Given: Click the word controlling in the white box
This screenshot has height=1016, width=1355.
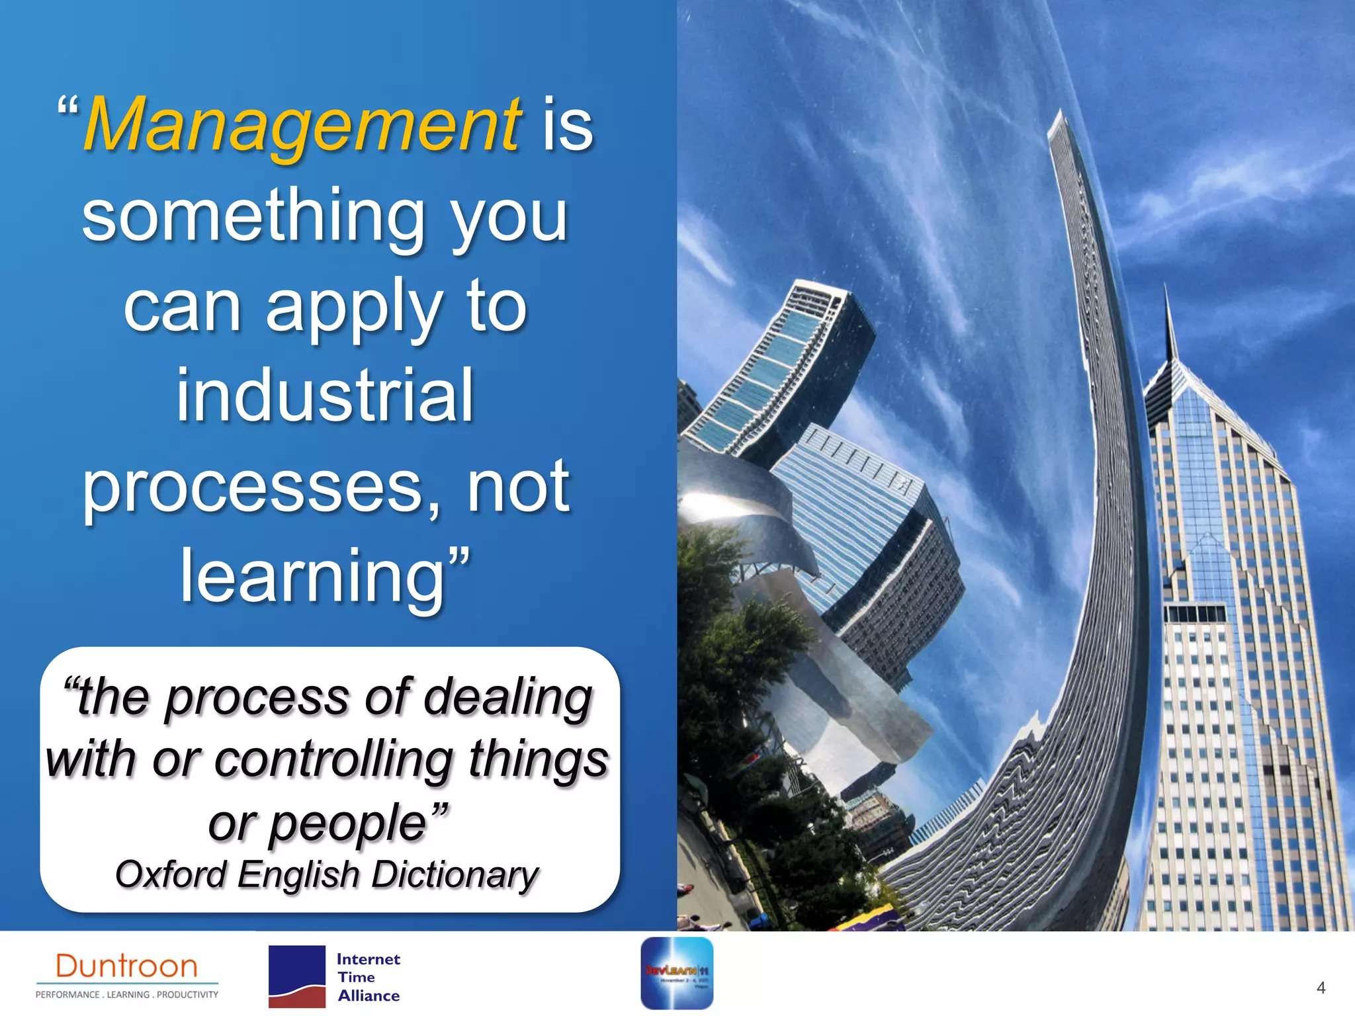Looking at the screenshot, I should click(333, 759).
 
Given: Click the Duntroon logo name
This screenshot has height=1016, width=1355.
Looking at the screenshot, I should click(126, 966).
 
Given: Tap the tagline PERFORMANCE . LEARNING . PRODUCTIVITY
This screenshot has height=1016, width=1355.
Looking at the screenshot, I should click(126, 995).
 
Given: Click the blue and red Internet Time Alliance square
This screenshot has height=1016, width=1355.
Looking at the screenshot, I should click(296, 976).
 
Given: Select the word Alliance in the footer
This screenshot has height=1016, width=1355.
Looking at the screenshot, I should click(369, 996).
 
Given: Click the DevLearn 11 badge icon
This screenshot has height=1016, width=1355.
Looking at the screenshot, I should click(676, 973).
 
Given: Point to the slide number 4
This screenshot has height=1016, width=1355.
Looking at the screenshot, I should click(1321, 988).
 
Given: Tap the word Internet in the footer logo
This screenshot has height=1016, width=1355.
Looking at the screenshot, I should click(368, 959).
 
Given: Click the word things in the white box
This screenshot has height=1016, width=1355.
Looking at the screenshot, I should click(539, 759).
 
